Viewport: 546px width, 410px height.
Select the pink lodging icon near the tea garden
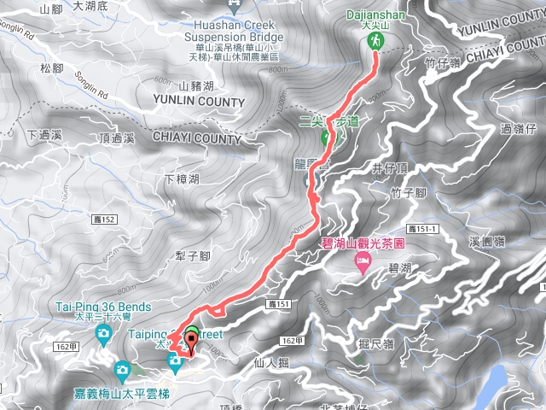pyautogui.click(x=363, y=260)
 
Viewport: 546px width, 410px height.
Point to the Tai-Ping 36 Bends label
pyautogui.click(x=105, y=307)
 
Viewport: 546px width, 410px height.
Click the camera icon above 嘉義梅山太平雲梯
pyautogui.click(x=122, y=370)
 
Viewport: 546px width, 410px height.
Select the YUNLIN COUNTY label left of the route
pyautogui.click(x=198, y=102)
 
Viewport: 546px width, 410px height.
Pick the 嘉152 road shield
pyautogui.click(x=103, y=220)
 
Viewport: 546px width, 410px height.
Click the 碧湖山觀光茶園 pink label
pyautogui.click(x=362, y=243)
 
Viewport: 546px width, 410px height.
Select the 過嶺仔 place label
pyautogui.click(x=518, y=130)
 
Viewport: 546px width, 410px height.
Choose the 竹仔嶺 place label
pyautogui.click(x=443, y=61)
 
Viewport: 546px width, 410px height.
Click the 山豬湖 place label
pyautogui.click(x=196, y=85)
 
